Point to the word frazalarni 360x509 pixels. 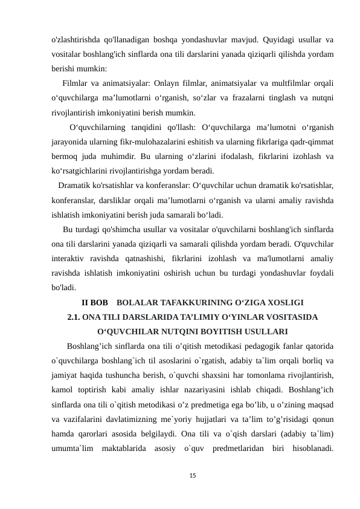tap(239, 98)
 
